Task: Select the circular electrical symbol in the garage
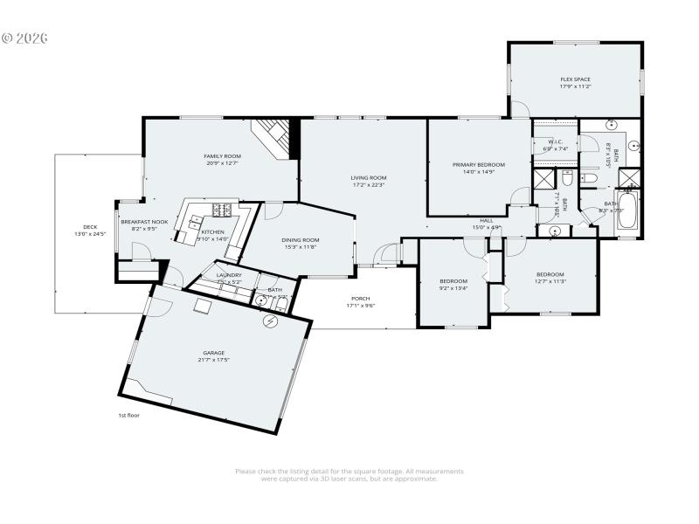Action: point(271,321)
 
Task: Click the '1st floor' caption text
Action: point(128,415)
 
